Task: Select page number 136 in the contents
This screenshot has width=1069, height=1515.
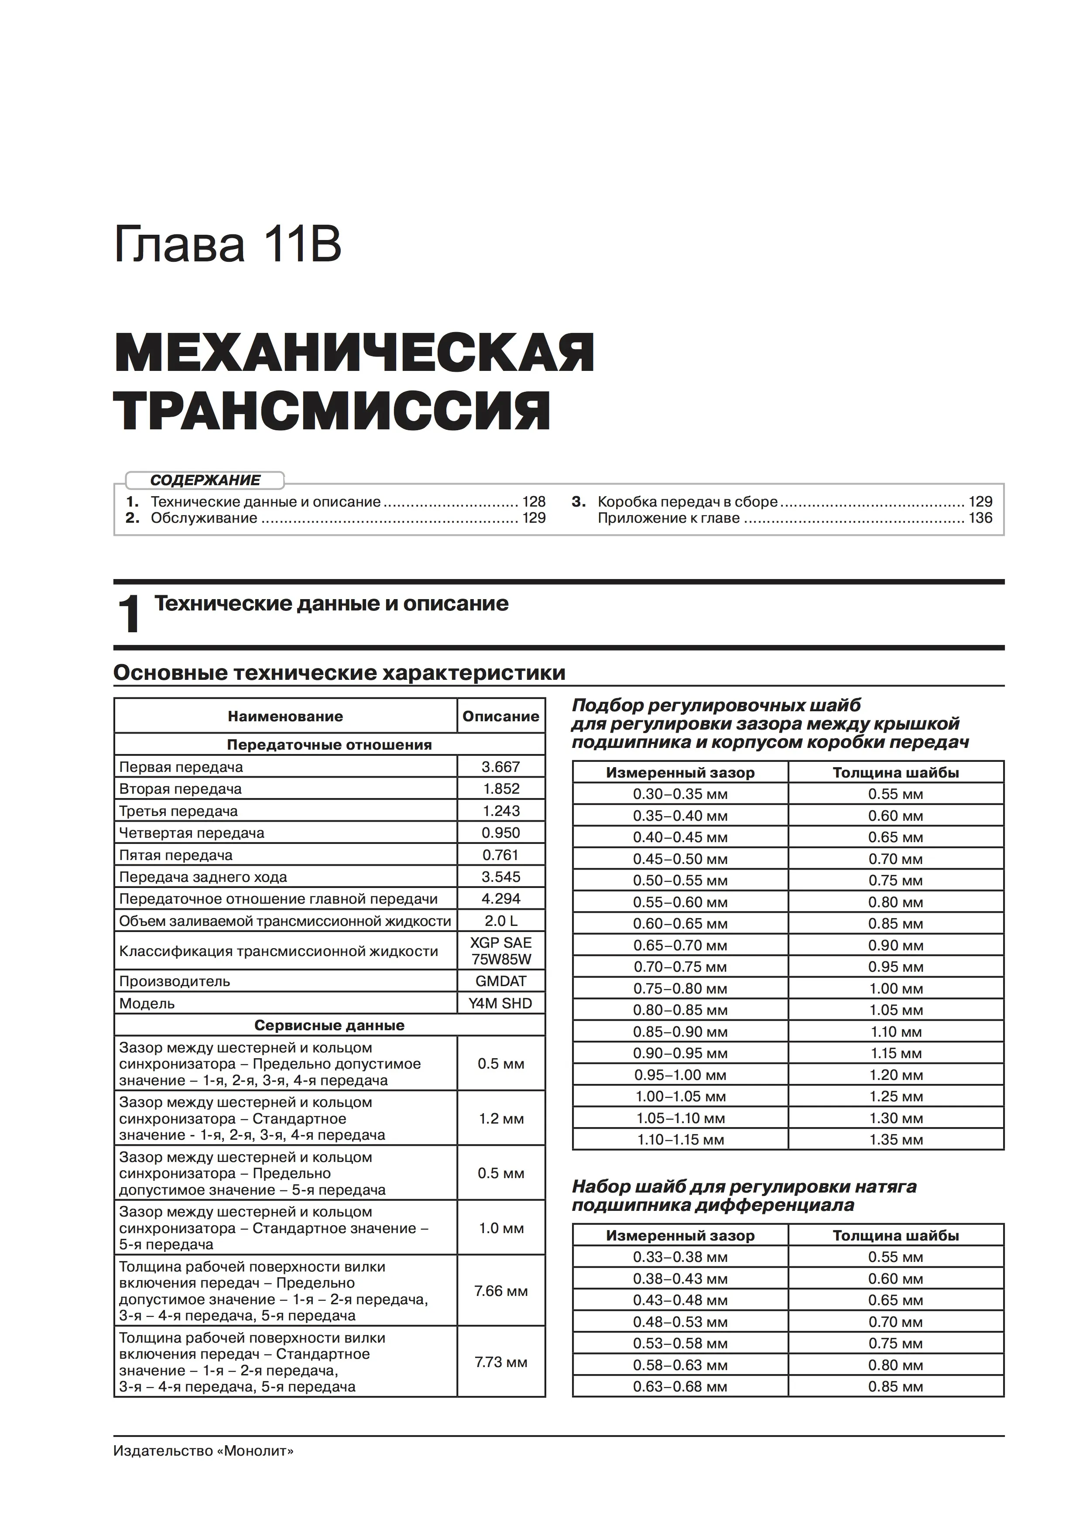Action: [980, 518]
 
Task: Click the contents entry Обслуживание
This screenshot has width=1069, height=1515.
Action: [204, 518]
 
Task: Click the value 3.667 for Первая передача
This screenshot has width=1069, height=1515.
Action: [501, 767]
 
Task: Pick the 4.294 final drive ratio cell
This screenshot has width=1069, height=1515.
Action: [501, 899]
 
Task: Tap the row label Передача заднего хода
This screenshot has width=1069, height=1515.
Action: [203, 877]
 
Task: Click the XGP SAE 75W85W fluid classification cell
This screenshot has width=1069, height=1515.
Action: [501, 951]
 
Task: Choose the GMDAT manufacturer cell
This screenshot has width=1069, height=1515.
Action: [501, 981]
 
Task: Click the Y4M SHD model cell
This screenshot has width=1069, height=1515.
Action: [501, 1004]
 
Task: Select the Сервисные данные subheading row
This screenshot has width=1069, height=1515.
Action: [329, 1025]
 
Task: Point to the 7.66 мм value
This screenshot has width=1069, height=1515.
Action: [501, 1291]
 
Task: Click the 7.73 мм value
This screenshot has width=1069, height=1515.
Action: [501, 1363]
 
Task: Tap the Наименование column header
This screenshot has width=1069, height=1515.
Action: [285, 716]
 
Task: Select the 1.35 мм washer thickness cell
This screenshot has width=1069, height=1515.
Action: [895, 1140]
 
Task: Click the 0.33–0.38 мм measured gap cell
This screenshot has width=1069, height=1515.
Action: [680, 1257]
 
